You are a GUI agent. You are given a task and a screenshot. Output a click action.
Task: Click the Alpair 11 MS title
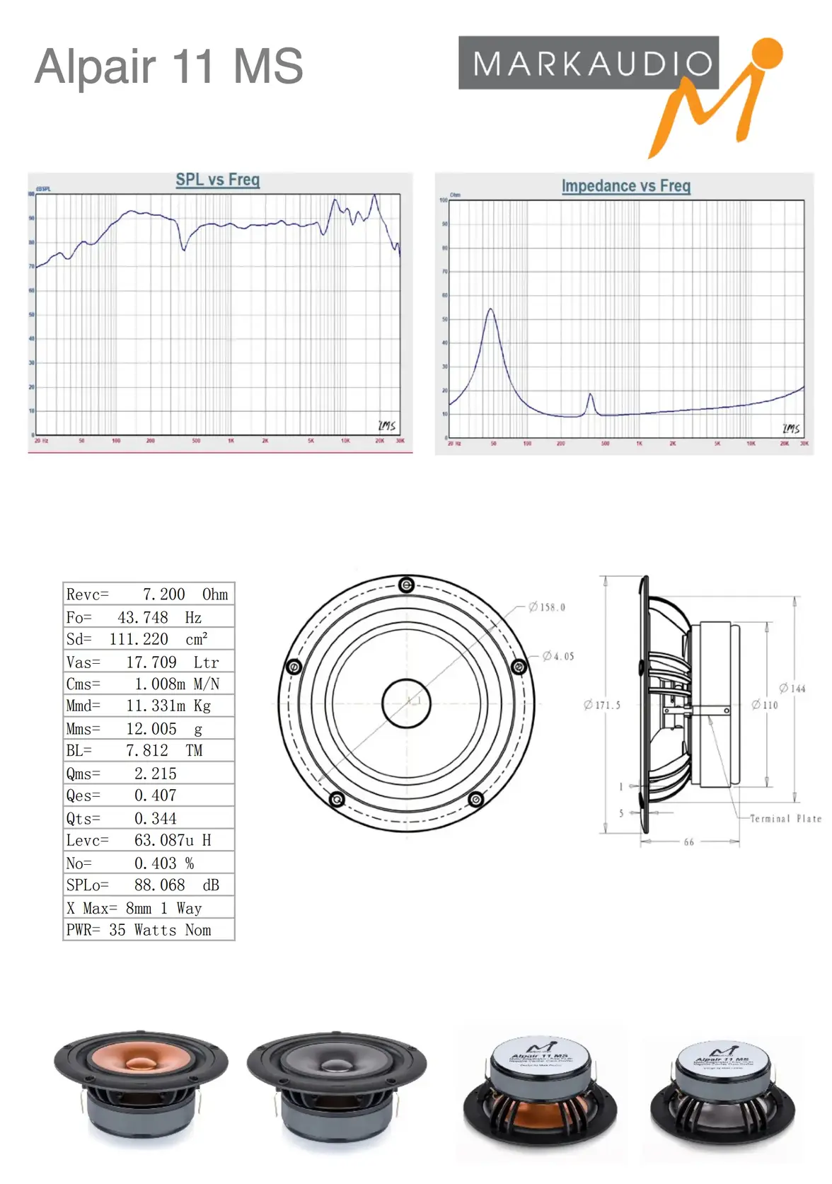(168, 67)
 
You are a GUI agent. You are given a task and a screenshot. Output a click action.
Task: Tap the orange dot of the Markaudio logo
(766, 54)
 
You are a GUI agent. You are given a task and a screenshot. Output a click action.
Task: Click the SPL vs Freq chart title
(218, 180)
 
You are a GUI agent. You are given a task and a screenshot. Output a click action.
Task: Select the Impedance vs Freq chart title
(625, 186)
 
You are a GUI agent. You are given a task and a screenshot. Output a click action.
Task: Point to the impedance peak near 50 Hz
(490, 310)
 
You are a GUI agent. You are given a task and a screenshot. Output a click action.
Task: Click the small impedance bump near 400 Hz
(590, 396)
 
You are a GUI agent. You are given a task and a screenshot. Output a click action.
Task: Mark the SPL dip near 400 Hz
(184, 248)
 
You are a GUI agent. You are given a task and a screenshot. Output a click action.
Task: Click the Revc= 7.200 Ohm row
(148, 594)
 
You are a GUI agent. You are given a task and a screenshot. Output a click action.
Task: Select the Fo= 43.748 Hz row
(148, 617)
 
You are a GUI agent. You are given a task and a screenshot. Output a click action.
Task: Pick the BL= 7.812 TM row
(148, 750)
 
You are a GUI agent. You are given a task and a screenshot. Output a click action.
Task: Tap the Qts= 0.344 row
(148, 818)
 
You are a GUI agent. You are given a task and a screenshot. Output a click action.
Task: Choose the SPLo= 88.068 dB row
(148, 885)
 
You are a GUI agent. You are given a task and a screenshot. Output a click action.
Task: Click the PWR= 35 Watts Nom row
(148, 930)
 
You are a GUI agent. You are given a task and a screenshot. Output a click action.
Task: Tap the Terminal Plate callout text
(785, 819)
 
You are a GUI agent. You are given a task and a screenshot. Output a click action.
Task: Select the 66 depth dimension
(688, 842)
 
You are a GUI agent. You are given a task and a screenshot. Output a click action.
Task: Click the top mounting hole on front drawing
(406, 585)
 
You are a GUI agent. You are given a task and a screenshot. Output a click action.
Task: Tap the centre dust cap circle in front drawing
(406, 703)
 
